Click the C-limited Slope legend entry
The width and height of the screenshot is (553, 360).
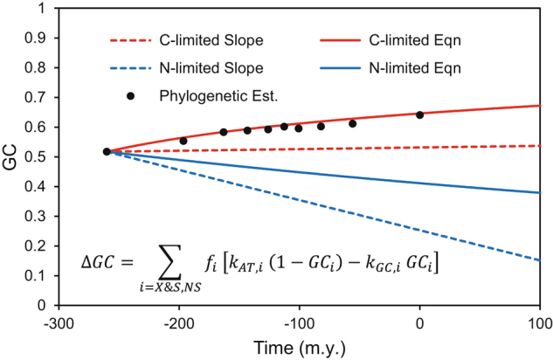[x=184, y=41]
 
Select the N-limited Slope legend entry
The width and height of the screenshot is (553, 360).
[x=184, y=66]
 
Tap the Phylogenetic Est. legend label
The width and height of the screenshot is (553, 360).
[x=206, y=92]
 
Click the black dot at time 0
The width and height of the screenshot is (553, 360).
[x=420, y=114]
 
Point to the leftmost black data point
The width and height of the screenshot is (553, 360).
[x=107, y=151]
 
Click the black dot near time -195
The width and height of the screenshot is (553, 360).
[x=183, y=141]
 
